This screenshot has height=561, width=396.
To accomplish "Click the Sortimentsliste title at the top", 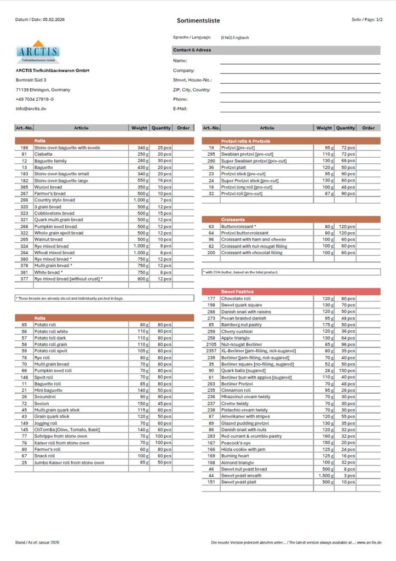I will tap(198, 20).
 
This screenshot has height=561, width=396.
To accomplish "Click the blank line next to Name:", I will tap(300, 61).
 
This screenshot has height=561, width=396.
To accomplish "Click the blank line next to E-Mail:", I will tap(300, 109).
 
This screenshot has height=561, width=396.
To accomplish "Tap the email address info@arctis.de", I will tap(31, 109).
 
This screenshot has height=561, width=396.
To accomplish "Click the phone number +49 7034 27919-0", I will tap(35, 99).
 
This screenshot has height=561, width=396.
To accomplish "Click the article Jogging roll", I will tap(45, 423).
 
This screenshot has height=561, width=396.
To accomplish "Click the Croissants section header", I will tap(234, 219).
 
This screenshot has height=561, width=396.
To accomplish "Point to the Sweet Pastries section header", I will tap(237, 292).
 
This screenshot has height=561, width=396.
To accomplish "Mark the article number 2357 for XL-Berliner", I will tap(211, 351).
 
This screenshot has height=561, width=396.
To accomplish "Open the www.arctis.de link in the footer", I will tap(370, 542).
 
